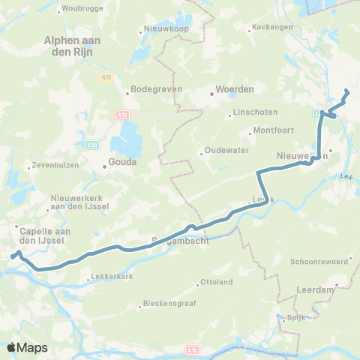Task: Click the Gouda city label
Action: tap(119, 168)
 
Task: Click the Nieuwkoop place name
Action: tap(162, 31)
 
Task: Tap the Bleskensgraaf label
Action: tap(166, 305)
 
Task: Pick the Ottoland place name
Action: tap(217, 283)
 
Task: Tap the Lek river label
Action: tap(345, 177)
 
